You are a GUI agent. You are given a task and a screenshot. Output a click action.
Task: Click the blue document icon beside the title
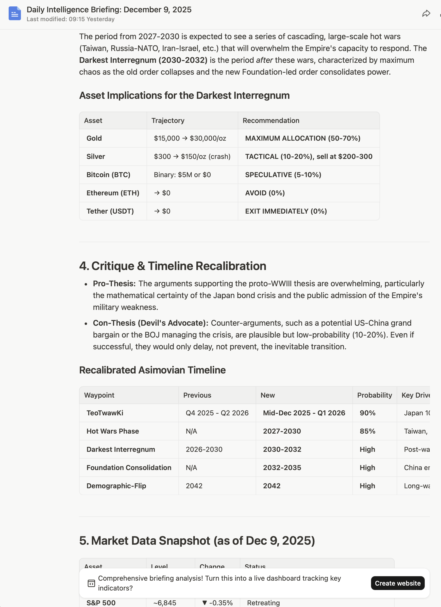[15, 13]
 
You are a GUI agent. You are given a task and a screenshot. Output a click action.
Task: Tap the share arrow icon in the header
[426, 13]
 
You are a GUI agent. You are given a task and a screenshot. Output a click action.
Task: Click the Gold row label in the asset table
[94, 138]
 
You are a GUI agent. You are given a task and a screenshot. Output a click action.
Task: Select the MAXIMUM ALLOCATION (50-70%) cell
[302, 138]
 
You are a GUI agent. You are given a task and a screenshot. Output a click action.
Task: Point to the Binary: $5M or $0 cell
[182, 175]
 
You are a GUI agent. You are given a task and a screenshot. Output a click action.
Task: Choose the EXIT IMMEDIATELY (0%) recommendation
[286, 211]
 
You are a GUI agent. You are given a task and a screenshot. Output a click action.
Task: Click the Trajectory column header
[168, 121]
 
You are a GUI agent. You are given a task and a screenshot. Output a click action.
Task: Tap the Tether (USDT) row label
[110, 211]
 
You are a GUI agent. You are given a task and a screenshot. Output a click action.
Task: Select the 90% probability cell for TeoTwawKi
[367, 413]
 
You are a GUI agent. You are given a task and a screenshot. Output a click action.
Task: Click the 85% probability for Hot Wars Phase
[367, 431]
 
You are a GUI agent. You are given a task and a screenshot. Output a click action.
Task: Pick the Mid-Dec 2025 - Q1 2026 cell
[304, 413]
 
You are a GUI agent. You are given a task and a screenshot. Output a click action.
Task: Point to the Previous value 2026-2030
[204, 449]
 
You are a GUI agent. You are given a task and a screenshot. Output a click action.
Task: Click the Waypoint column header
[99, 395]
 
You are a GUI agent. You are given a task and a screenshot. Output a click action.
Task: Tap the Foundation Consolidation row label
[129, 468]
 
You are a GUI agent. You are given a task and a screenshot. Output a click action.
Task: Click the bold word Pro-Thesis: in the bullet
[114, 284]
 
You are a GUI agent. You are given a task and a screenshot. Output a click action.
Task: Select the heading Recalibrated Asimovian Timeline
[152, 370]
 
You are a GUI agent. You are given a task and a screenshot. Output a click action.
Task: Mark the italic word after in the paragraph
[264, 60]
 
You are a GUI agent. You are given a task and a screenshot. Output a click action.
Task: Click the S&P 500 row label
[101, 603]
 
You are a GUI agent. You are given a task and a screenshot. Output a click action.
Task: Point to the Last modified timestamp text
[71, 19]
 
